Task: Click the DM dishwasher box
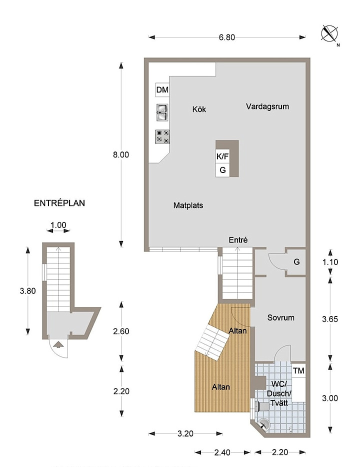tap(162, 89)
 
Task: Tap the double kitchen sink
tap(162, 112)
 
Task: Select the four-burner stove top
tap(162, 136)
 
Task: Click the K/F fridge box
tap(222, 156)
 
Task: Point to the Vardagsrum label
tap(267, 106)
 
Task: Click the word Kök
tap(199, 109)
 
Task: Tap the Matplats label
tap(188, 205)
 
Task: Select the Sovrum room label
tap(281, 317)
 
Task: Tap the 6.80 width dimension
tap(227, 37)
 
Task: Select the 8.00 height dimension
tap(121, 154)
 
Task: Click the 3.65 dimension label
tap(330, 319)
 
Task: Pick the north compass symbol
tap(329, 33)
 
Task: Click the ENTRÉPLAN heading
tap(59, 203)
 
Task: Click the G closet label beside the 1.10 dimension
tap(296, 262)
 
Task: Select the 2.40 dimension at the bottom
tap(222, 452)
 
